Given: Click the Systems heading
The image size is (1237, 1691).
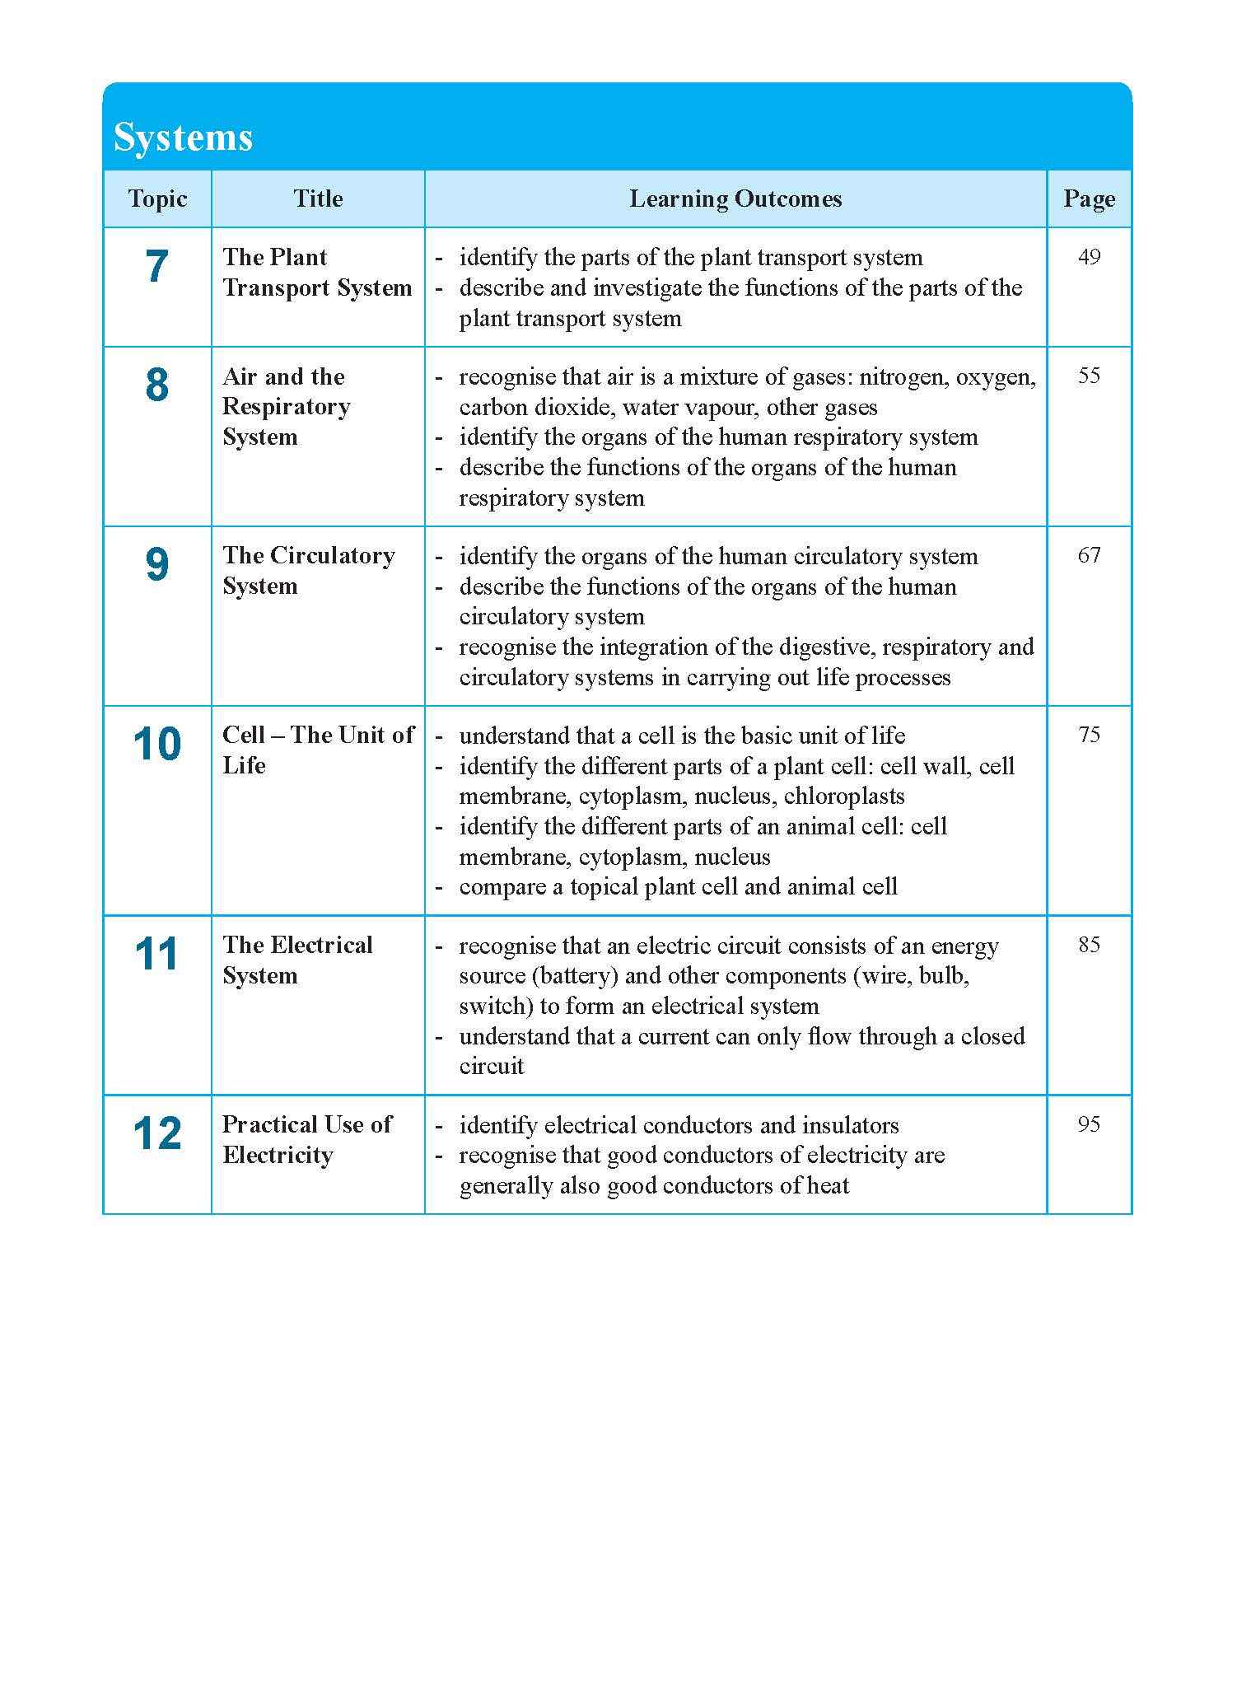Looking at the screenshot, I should click(183, 137).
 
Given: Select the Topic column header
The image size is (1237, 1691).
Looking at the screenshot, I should click(157, 199).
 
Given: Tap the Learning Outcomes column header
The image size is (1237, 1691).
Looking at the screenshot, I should click(735, 199).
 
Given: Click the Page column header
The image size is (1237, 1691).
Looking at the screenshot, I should click(1089, 199).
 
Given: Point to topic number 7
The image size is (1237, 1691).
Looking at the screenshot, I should click(156, 267).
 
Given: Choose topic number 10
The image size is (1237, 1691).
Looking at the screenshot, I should click(156, 745).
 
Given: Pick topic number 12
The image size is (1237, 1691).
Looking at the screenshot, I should click(156, 1134).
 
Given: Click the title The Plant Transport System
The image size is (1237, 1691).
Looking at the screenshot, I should click(317, 273).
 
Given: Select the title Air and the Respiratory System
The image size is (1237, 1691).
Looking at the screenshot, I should click(286, 407).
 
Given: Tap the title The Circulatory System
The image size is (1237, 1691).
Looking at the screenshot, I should click(308, 571).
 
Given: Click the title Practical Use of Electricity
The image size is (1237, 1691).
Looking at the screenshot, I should click(306, 1140).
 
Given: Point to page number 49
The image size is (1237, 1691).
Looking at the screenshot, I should click(1089, 257).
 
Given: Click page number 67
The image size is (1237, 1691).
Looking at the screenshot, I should click(1089, 555).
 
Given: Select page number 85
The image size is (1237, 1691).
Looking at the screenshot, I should click(1089, 945).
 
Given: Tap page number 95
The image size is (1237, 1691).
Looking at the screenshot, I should click(1089, 1124).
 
